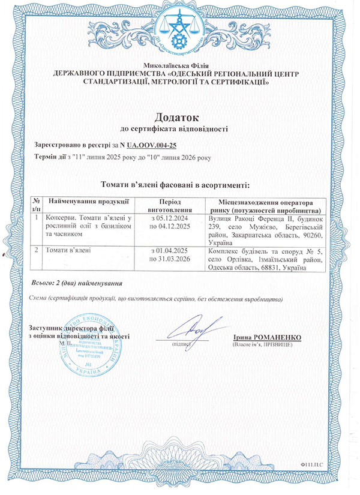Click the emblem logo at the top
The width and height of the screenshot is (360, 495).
click(x=179, y=26)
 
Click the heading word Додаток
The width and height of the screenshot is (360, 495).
click(x=180, y=115)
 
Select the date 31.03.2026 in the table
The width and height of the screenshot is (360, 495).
click(x=173, y=257)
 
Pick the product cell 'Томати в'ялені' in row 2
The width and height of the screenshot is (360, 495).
click(x=68, y=249)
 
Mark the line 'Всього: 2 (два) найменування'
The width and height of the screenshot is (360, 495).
click(x=76, y=282)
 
